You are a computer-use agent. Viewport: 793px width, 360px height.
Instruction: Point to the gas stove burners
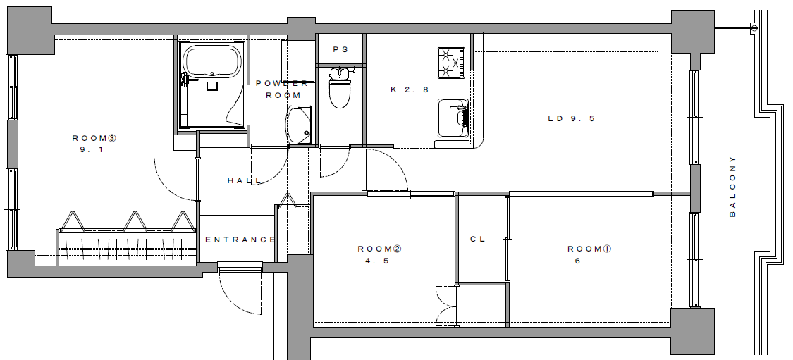[x=451, y=63]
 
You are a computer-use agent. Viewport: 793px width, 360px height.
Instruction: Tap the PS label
[x=341, y=49]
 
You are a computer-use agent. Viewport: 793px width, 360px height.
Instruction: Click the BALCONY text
[x=733, y=187]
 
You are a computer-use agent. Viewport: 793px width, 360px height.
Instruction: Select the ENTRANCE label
[x=240, y=240]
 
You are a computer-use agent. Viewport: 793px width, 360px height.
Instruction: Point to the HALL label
[x=245, y=180]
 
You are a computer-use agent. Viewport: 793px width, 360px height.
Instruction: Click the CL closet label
[x=478, y=239]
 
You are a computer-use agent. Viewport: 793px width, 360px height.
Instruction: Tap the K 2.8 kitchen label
[x=410, y=90]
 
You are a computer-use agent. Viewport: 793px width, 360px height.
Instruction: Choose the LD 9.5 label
[x=572, y=119]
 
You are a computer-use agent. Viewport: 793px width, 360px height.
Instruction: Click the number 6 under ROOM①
[x=577, y=261]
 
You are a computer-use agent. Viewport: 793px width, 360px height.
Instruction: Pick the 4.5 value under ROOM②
[x=377, y=261]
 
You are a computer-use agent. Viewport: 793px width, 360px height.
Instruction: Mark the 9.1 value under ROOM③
[x=92, y=149]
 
